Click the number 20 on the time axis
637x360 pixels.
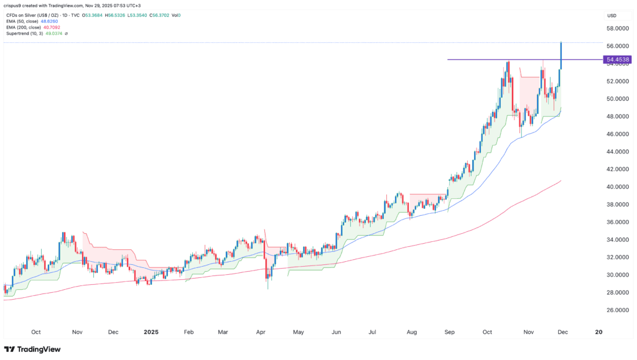[x=598, y=332]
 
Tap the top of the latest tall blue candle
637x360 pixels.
[x=562, y=42]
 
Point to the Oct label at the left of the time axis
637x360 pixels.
[x=35, y=332]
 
